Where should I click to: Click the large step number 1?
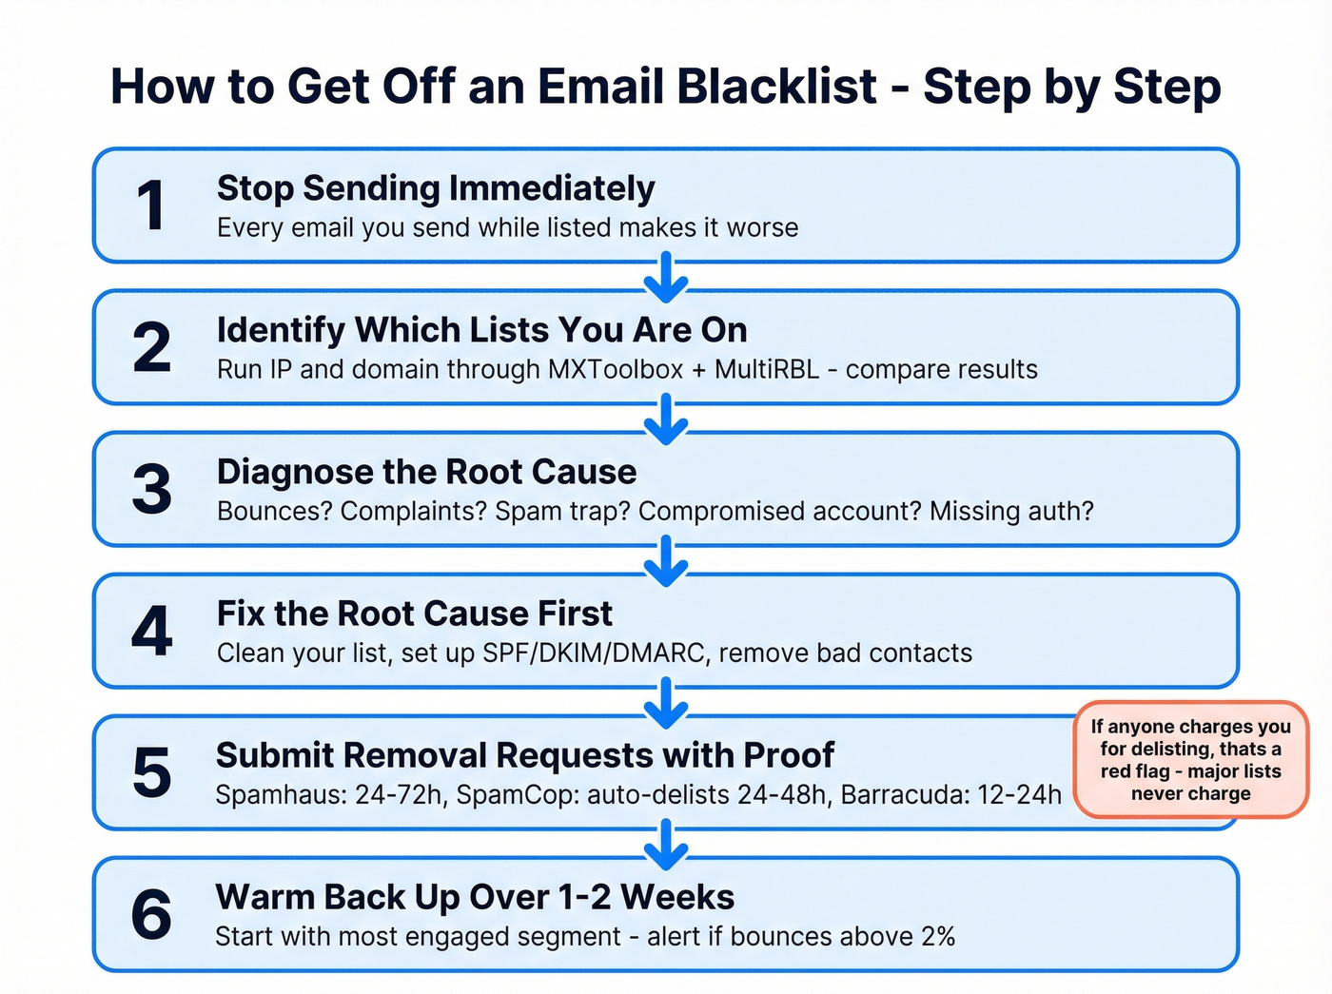(151, 205)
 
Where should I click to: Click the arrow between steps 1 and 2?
(666, 277)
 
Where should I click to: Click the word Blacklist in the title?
(777, 87)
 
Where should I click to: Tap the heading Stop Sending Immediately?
(436, 188)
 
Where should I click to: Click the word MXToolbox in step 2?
(615, 369)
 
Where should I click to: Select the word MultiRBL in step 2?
(766, 369)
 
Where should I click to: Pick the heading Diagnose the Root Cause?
(426, 472)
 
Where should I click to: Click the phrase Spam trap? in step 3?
(562, 511)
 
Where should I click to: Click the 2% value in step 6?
(938, 936)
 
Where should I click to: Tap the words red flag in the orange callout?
(1135, 771)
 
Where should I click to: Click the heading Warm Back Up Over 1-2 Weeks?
(475, 897)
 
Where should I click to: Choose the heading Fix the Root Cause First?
(414, 614)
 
